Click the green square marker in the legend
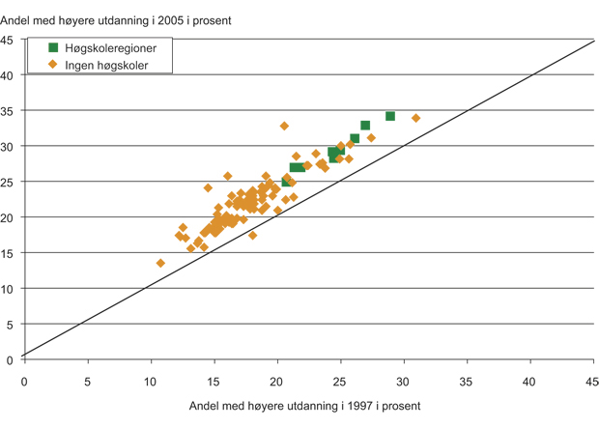(x=54, y=47)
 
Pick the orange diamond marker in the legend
(x=54, y=65)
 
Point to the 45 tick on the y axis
(x=7, y=40)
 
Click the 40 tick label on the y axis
(x=7, y=75)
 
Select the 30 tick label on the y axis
(x=7, y=147)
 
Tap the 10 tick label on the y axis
(x=7, y=289)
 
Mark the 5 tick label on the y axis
(x=10, y=325)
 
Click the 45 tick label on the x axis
(x=592, y=381)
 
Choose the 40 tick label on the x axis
(x=529, y=381)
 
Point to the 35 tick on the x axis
(x=467, y=381)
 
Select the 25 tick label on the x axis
(x=340, y=381)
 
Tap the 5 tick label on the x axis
(x=87, y=381)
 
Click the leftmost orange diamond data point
(x=160, y=263)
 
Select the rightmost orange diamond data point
(x=415, y=118)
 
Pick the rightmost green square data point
(x=390, y=116)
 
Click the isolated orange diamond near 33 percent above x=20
(x=284, y=126)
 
